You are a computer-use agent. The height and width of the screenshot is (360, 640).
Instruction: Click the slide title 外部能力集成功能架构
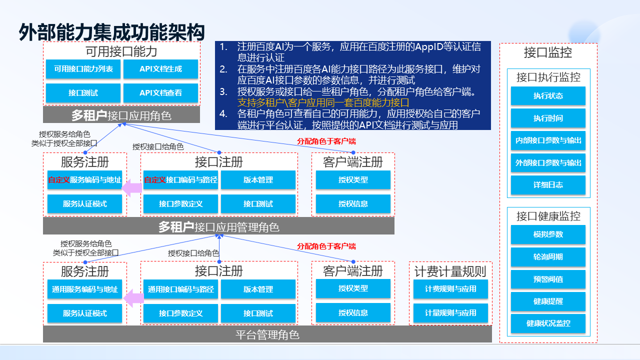(x=112, y=32)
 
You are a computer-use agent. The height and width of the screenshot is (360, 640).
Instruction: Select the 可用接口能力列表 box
(x=83, y=69)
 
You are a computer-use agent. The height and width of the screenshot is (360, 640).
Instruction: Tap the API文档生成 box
(x=160, y=69)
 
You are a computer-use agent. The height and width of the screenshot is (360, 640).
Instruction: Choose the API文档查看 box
(x=160, y=93)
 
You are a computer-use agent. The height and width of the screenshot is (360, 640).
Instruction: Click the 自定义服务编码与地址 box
(x=84, y=180)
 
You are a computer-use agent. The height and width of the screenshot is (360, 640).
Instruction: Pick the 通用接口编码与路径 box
(x=180, y=289)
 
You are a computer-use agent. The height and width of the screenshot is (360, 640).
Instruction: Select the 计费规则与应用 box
(x=450, y=289)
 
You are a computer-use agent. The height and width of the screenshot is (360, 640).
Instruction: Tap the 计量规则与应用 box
(x=450, y=313)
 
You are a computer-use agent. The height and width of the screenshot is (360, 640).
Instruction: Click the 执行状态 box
(x=548, y=96)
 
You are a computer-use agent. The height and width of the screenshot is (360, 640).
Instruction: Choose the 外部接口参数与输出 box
(x=548, y=163)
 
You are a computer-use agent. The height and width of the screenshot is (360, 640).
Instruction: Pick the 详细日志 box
(x=548, y=185)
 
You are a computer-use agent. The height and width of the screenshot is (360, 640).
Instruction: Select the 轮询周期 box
(x=548, y=257)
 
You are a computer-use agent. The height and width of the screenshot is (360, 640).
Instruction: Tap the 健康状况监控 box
(x=548, y=323)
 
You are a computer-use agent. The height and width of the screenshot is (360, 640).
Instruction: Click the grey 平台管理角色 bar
(x=267, y=334)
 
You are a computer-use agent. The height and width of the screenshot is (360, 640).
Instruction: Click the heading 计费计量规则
(x=450, y=272)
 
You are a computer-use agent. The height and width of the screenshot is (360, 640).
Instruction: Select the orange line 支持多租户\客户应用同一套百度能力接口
(x=323, y=103)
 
